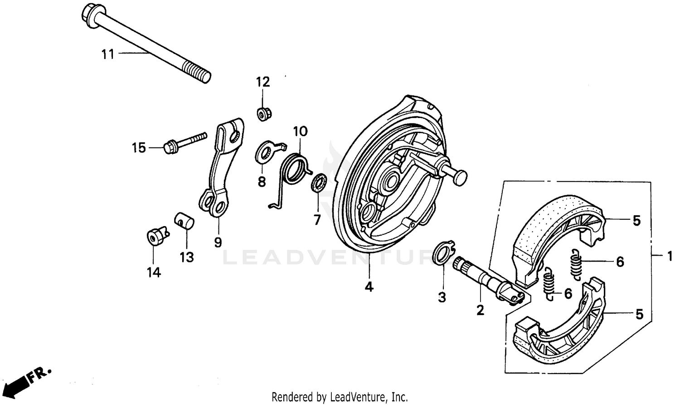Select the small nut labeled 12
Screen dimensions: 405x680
pyautogui.click(x=262, y=114)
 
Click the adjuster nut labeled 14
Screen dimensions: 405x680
pyautogui.click(x=154, y=237)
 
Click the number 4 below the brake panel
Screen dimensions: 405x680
pyautogui.click(x=369, y=287)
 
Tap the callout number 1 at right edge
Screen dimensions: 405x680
pyautogui.click(x=670, y=257)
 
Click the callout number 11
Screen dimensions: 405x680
pyautogui.click(x=107, y=55)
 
